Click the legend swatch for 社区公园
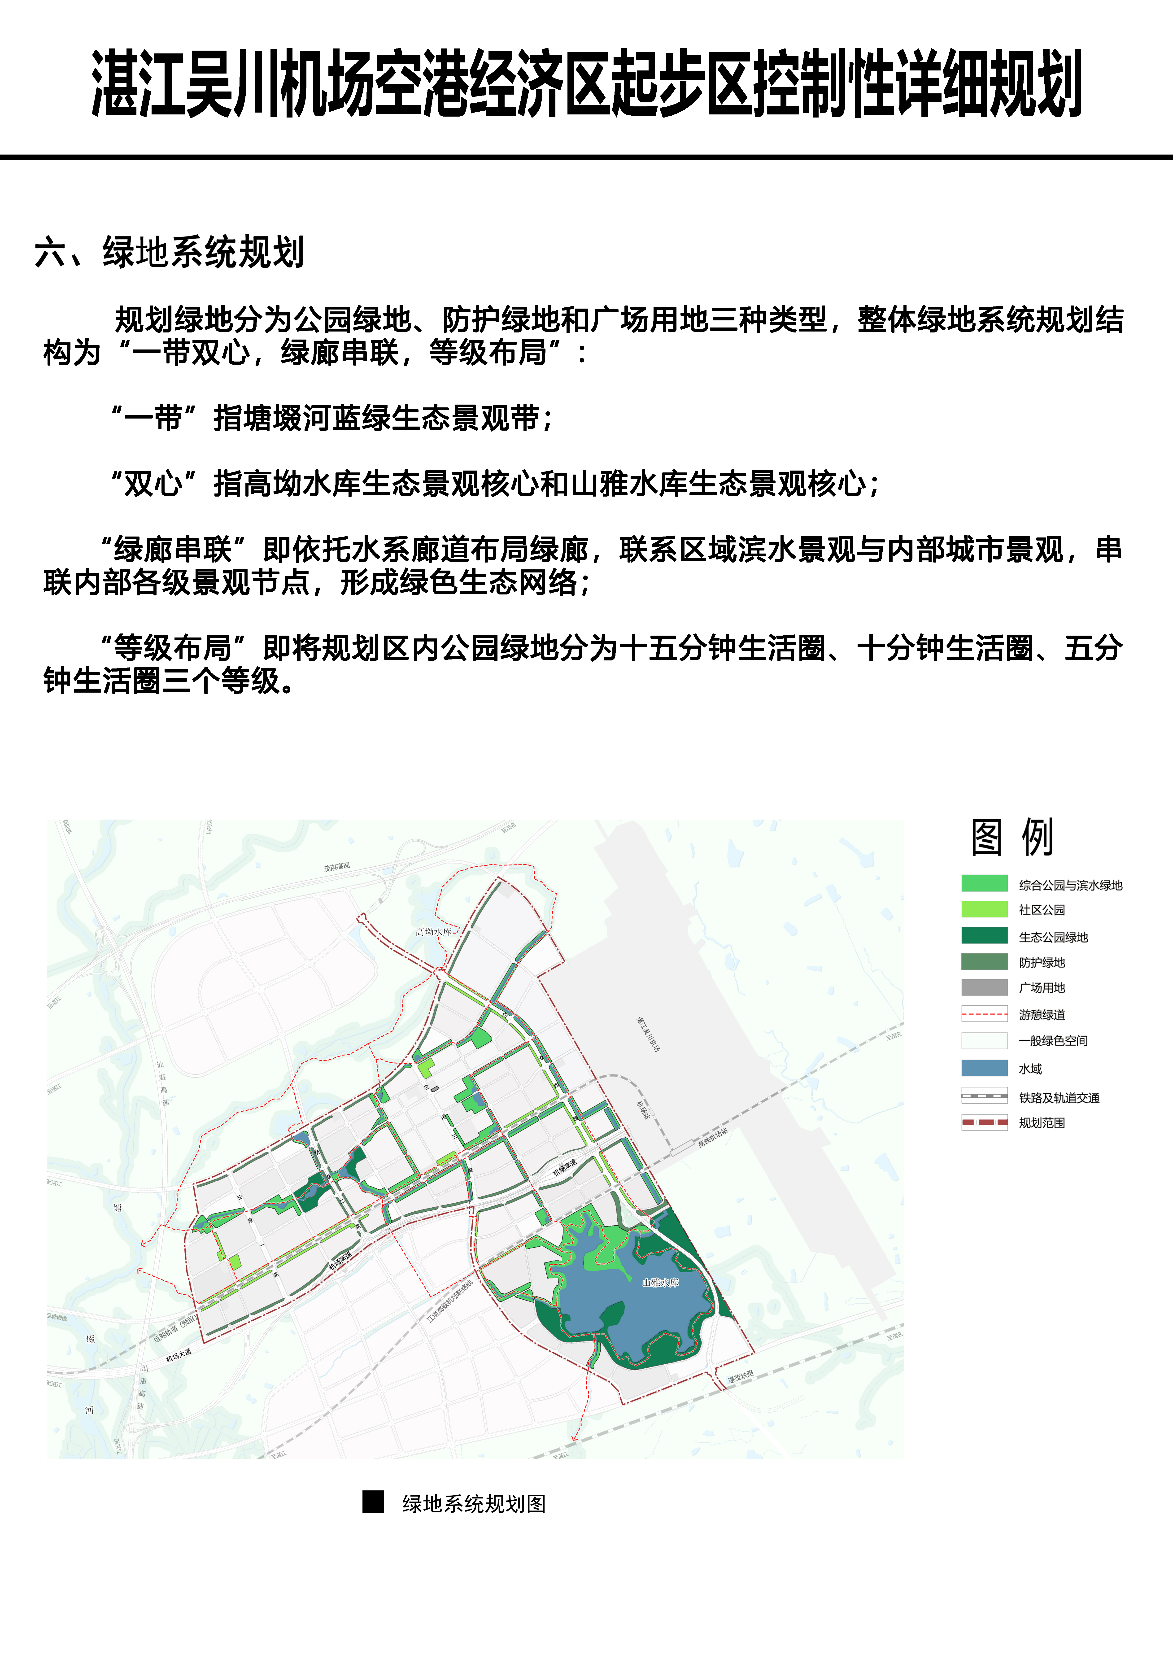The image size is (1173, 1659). coord(984,909)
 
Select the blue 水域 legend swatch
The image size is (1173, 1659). coord(984,1068)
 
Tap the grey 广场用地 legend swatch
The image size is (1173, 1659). coord(984,987)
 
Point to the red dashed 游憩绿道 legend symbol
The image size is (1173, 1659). coord(984,1014)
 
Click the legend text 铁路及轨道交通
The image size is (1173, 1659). coord(1059,1098)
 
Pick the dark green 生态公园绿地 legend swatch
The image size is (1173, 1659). coord(984,936)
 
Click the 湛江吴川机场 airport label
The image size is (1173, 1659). coord(648,1034)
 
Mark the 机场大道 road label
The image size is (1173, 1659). coord(179,1355)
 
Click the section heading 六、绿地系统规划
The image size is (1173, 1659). coord(169,252)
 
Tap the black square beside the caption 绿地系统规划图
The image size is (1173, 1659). coord(373,1502)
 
